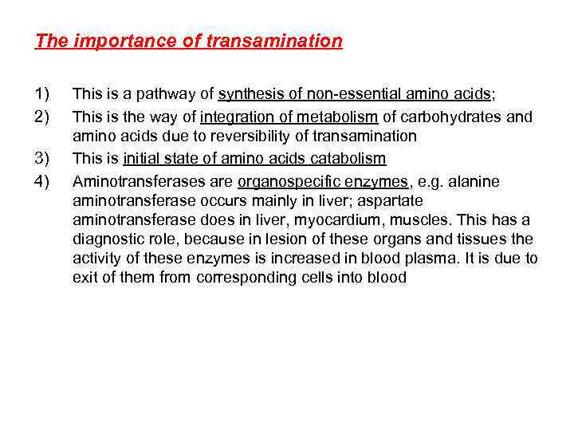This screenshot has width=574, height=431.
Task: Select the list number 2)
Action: [44, 117]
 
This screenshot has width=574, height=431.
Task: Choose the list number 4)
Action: [44, 181]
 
